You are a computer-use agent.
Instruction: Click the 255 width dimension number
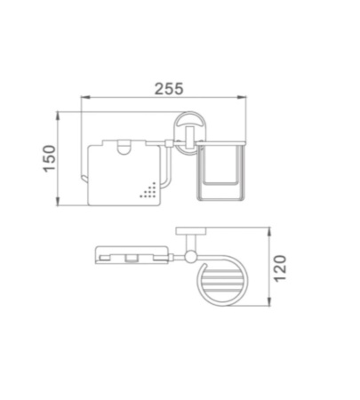point(169,89)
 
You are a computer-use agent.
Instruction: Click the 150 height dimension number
point(49,158)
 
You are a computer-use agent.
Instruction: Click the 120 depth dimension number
point(280,268)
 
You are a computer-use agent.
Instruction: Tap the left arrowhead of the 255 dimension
point(85,97)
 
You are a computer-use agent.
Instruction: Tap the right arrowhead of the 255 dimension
point(242,97)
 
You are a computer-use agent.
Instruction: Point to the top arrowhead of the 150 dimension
point(58,116)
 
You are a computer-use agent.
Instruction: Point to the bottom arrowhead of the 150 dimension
point(58,201)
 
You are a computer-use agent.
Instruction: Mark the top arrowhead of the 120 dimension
point(269,232)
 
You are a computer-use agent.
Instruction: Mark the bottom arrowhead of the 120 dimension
point(269,301)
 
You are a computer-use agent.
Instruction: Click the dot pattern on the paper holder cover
point(148,190)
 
